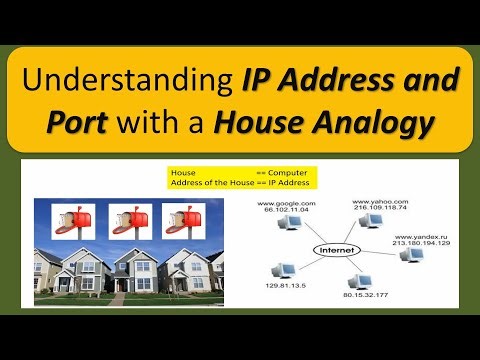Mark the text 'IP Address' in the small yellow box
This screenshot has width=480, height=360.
click(290, 183)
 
